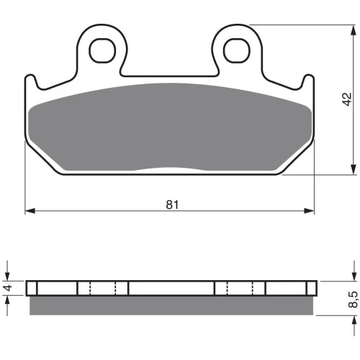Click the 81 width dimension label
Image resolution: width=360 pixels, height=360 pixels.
coord(172,204)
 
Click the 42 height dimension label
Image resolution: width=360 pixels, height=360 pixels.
coord(346,99)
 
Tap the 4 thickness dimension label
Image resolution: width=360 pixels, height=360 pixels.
coord(9,287)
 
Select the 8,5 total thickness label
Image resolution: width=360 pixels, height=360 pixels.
coord(353,300)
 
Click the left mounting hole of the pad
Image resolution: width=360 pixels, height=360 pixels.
coord(102,50)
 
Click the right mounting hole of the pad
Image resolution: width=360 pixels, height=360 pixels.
coord(237,50)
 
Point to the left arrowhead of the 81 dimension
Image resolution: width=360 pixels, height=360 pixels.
coord(30,211)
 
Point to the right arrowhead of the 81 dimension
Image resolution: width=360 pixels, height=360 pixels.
coord(309,211)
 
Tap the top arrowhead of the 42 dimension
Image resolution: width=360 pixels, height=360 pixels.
coord(354,30)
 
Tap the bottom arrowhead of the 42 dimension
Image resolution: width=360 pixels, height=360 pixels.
coord(354,169)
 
